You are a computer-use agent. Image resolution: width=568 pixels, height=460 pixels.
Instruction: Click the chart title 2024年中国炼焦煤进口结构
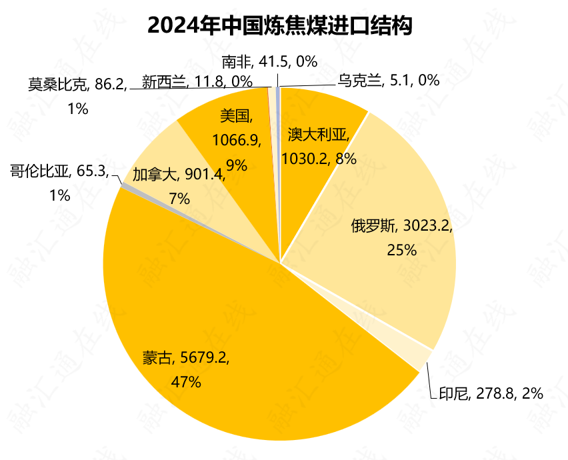pos(279,25)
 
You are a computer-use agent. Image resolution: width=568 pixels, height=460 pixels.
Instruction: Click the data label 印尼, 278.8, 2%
pos(491,393)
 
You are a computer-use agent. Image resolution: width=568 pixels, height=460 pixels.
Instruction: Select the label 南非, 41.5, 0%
pos(269,62)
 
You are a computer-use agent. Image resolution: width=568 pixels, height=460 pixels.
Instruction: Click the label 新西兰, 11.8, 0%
pos(197,82)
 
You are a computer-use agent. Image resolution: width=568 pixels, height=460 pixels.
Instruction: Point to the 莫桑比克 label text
pos(58,85)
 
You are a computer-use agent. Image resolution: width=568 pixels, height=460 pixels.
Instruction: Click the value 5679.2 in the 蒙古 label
pos(204,358)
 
